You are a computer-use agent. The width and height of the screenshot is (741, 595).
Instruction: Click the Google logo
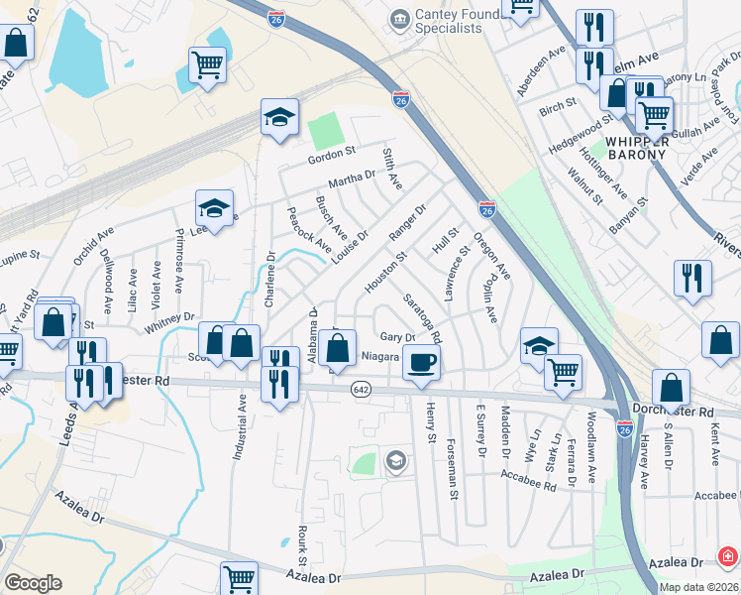pos(33,583)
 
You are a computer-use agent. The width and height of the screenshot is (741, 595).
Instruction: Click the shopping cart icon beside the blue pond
pos(207,65)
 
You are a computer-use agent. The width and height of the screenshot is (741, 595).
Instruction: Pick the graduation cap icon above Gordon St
pos(279,117)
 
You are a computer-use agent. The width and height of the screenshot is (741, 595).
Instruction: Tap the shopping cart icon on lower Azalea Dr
pos(239,578)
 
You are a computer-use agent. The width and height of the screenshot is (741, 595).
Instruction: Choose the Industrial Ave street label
pos(239,425)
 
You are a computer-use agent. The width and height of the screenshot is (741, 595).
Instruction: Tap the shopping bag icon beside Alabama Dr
pos(338,348)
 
